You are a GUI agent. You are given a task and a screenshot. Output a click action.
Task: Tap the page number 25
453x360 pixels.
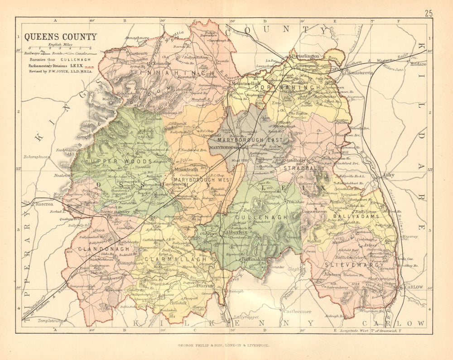coord(429,13)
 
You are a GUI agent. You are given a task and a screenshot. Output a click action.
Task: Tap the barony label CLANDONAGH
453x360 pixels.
coord(98,249)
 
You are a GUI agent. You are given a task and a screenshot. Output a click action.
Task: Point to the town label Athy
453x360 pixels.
coord(388,175)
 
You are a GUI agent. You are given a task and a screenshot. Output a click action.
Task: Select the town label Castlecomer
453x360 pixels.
coord(297,312)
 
